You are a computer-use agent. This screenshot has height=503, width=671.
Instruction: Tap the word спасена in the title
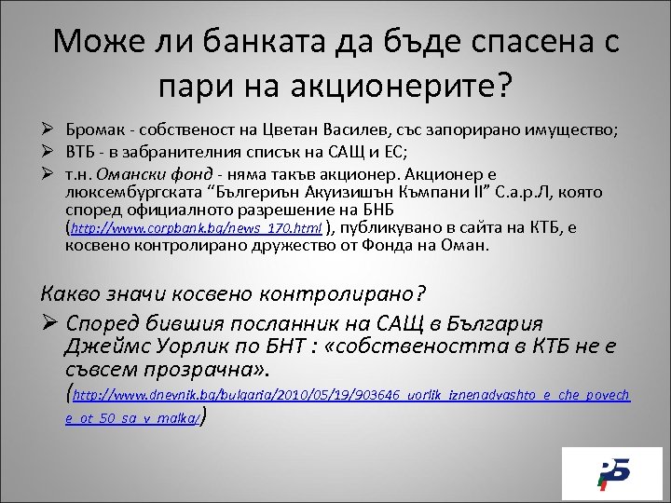coord(506,43)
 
